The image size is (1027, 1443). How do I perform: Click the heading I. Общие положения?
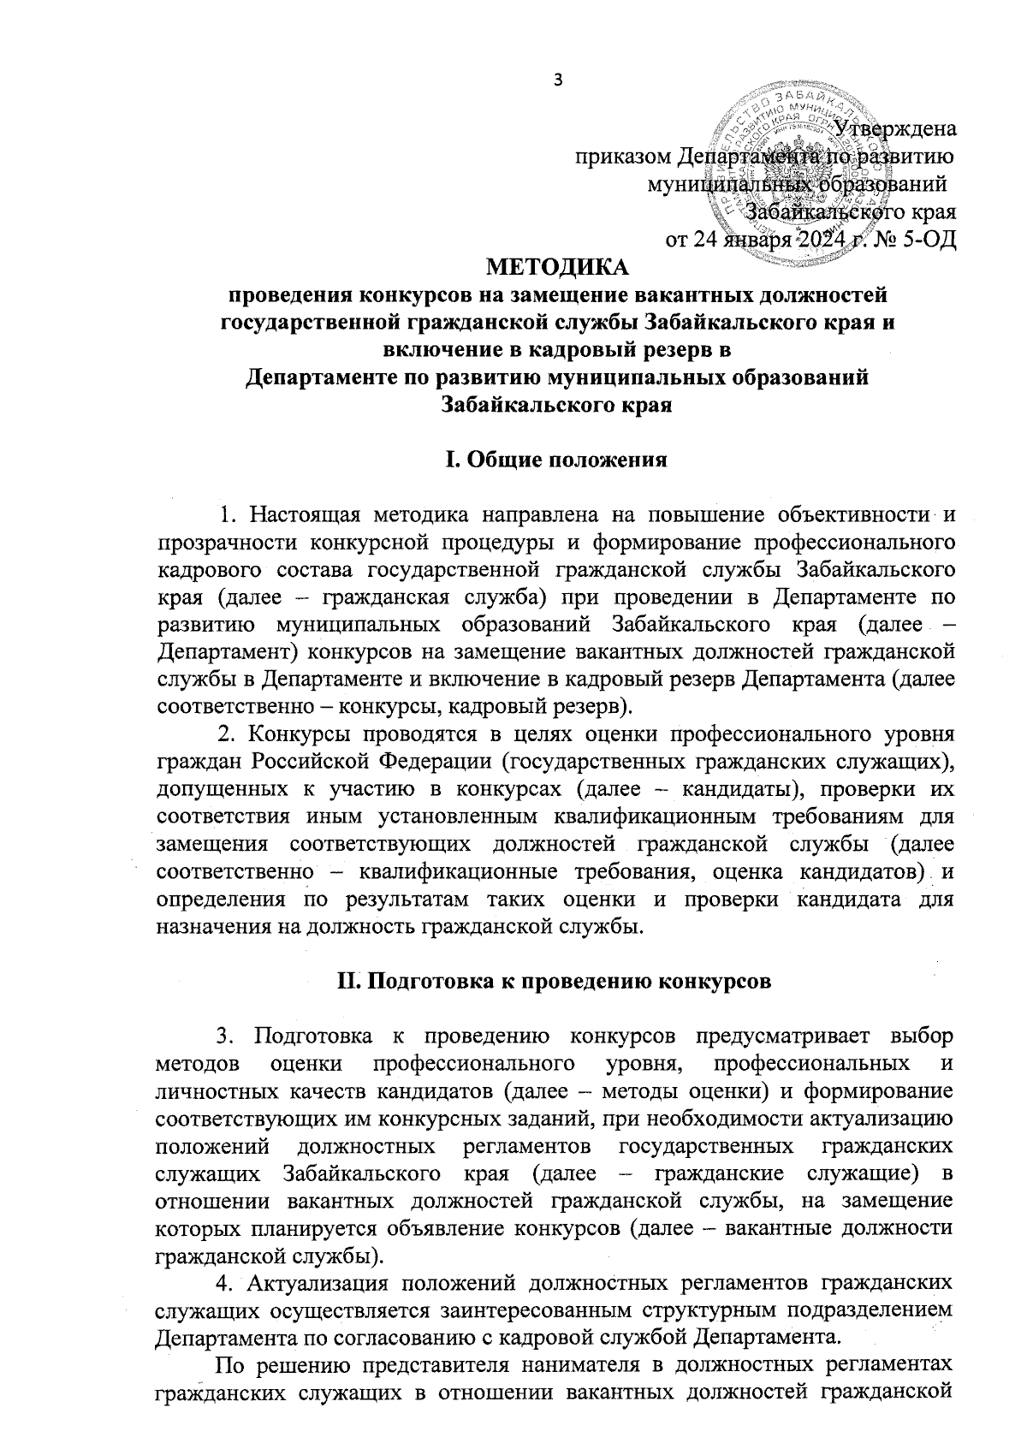coord(557,461)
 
